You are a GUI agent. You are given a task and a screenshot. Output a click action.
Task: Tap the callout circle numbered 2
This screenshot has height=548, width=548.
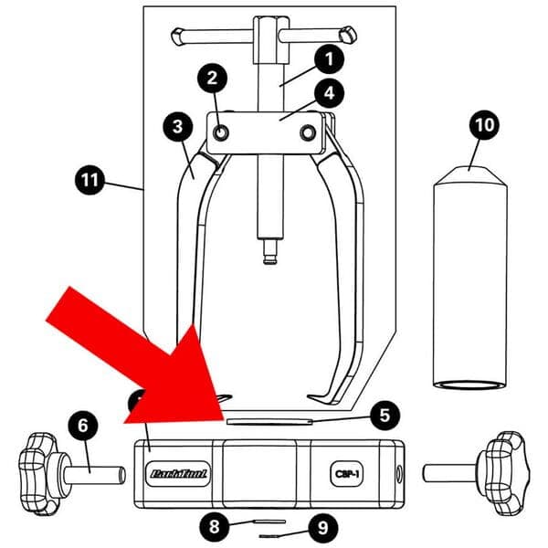[213, 79]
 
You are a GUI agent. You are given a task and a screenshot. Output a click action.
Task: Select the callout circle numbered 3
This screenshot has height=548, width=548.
[177, 126]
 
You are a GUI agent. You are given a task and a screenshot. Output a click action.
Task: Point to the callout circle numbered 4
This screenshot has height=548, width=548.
[326, 92]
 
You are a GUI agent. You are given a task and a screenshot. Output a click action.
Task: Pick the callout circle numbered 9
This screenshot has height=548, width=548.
[319, 527]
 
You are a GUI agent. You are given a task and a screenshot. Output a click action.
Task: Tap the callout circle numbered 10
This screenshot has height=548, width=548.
[484, 124]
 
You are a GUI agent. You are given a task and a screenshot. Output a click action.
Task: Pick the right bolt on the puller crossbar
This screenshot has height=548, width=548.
[308, 134]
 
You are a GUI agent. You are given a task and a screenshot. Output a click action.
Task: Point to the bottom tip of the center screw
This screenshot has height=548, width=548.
[269, 258]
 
